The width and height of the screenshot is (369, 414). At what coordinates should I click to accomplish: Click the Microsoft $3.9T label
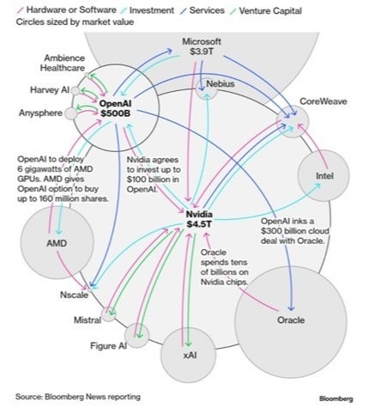pyautogui.click(x=202, y=46)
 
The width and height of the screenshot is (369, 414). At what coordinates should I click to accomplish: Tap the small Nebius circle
pyautogui.click(x=207, y=88)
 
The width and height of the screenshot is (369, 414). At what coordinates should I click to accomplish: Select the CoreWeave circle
pyautogui.click(x=293, y=121)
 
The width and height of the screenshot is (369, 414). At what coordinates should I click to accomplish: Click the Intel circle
pyautogui.click(x=324, y=175)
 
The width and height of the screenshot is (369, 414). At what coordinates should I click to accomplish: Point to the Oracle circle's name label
pyautogui.click(x=291, y=320)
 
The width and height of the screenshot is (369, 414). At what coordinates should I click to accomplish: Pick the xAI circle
pyautogui.click(x=188, y=356)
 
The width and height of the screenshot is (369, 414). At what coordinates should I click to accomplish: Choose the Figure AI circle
pyautogui.click(x=136, y=336)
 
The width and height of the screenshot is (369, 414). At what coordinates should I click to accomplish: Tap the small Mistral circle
pyautogui.click(x=109, y=314)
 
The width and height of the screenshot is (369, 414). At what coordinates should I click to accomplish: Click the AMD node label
pyautogui.click(x=57, y=243)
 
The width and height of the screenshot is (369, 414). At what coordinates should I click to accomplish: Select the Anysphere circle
pyautogui.click(x=70, y=113)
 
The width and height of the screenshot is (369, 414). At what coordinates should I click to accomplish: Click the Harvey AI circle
pyautogui.click(x=76, y=91)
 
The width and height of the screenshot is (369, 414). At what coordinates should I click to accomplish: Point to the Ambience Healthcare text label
pyautogui.click(x=63, y=63)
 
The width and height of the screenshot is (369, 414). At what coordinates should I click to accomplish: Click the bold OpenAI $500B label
pyautogui.click(x=115, y=108)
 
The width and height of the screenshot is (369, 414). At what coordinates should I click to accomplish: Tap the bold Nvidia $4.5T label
pyautogui.click(x=199, y=219)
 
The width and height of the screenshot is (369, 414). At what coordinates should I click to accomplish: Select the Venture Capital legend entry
pyautogui.click(x=266, y=11)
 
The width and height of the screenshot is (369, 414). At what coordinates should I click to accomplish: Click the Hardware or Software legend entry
pyautogui.click(x=67, y=10)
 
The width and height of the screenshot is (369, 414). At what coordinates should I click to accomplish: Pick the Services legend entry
pyautogui.click(x=203, y=10)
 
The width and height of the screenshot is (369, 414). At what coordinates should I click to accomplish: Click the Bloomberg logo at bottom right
pyautogui.click(x=336, y=399)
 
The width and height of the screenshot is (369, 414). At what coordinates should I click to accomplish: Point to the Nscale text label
pyautogui.click(x=74, y=295)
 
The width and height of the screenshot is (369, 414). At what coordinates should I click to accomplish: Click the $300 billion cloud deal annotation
pyautogui.click(x=294, y=231)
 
